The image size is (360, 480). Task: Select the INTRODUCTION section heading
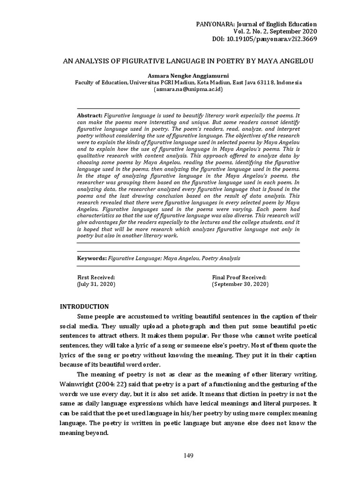84,307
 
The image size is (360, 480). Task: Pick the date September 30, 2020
240,284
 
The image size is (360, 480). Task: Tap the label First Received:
96,277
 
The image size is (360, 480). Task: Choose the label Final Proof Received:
239,277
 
